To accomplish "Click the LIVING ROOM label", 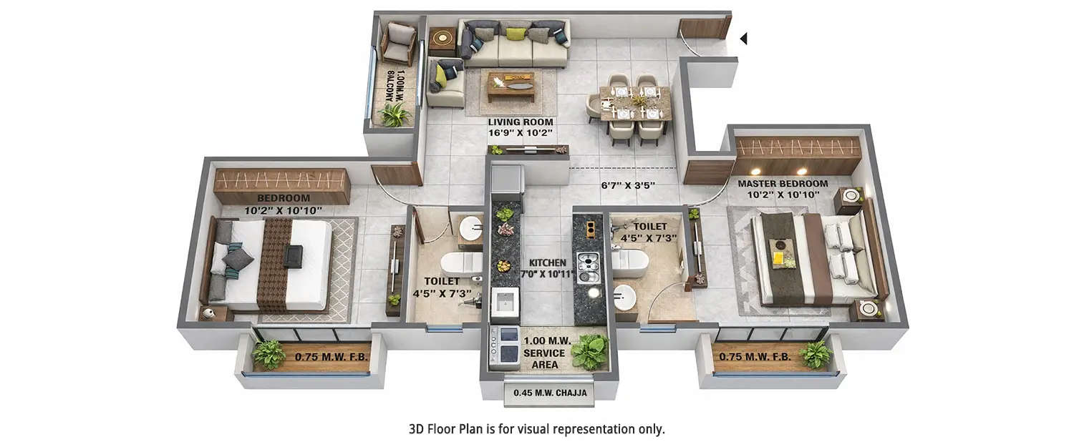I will [x=520, y=122].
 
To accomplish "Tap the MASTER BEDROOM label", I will [x=783, y=184].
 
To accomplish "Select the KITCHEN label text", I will [x=547, y=263].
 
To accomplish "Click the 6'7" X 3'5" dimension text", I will [x=628, y=185].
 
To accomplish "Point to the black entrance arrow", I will [x=743, y=39].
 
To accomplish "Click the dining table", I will [x=635, y=103].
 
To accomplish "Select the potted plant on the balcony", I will [x=394, y=114].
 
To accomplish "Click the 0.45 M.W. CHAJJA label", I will [x=549, y=393].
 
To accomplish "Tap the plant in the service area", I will [x=589, y=351].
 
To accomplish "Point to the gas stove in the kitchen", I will [x=588, y=269].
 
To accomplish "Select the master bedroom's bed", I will [x=812, y=257].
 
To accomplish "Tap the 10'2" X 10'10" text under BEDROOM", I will [x=283, y=210].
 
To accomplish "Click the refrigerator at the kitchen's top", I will [x=507, y=181].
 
